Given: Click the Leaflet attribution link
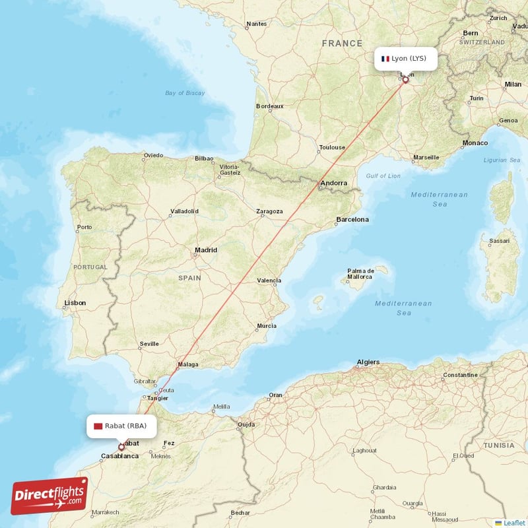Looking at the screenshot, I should (x=514, y=523).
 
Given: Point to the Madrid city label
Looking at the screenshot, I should (x=206, y=250).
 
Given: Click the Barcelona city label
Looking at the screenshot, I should (x=352, y=219).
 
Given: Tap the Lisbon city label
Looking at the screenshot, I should (x=75, y=303).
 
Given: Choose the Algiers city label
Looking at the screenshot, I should (x=368, y=362).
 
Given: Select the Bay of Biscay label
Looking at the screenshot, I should (x=185, y=93).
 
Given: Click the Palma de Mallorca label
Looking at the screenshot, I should (x=361, y=273).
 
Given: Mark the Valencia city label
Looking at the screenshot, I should (x=269, y=280).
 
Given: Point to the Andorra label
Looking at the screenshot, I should (x=333, y=183).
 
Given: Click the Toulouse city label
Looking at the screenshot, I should (x=331, y=148).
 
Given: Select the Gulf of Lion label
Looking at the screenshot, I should (x=383, y=176).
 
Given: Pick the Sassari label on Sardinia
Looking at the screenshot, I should (x=498, y=241).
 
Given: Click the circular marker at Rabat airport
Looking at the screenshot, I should (x=121, y=447).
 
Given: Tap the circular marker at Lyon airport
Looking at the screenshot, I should (x=405, y=81).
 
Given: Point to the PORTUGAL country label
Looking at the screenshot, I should (x=90, y=267).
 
